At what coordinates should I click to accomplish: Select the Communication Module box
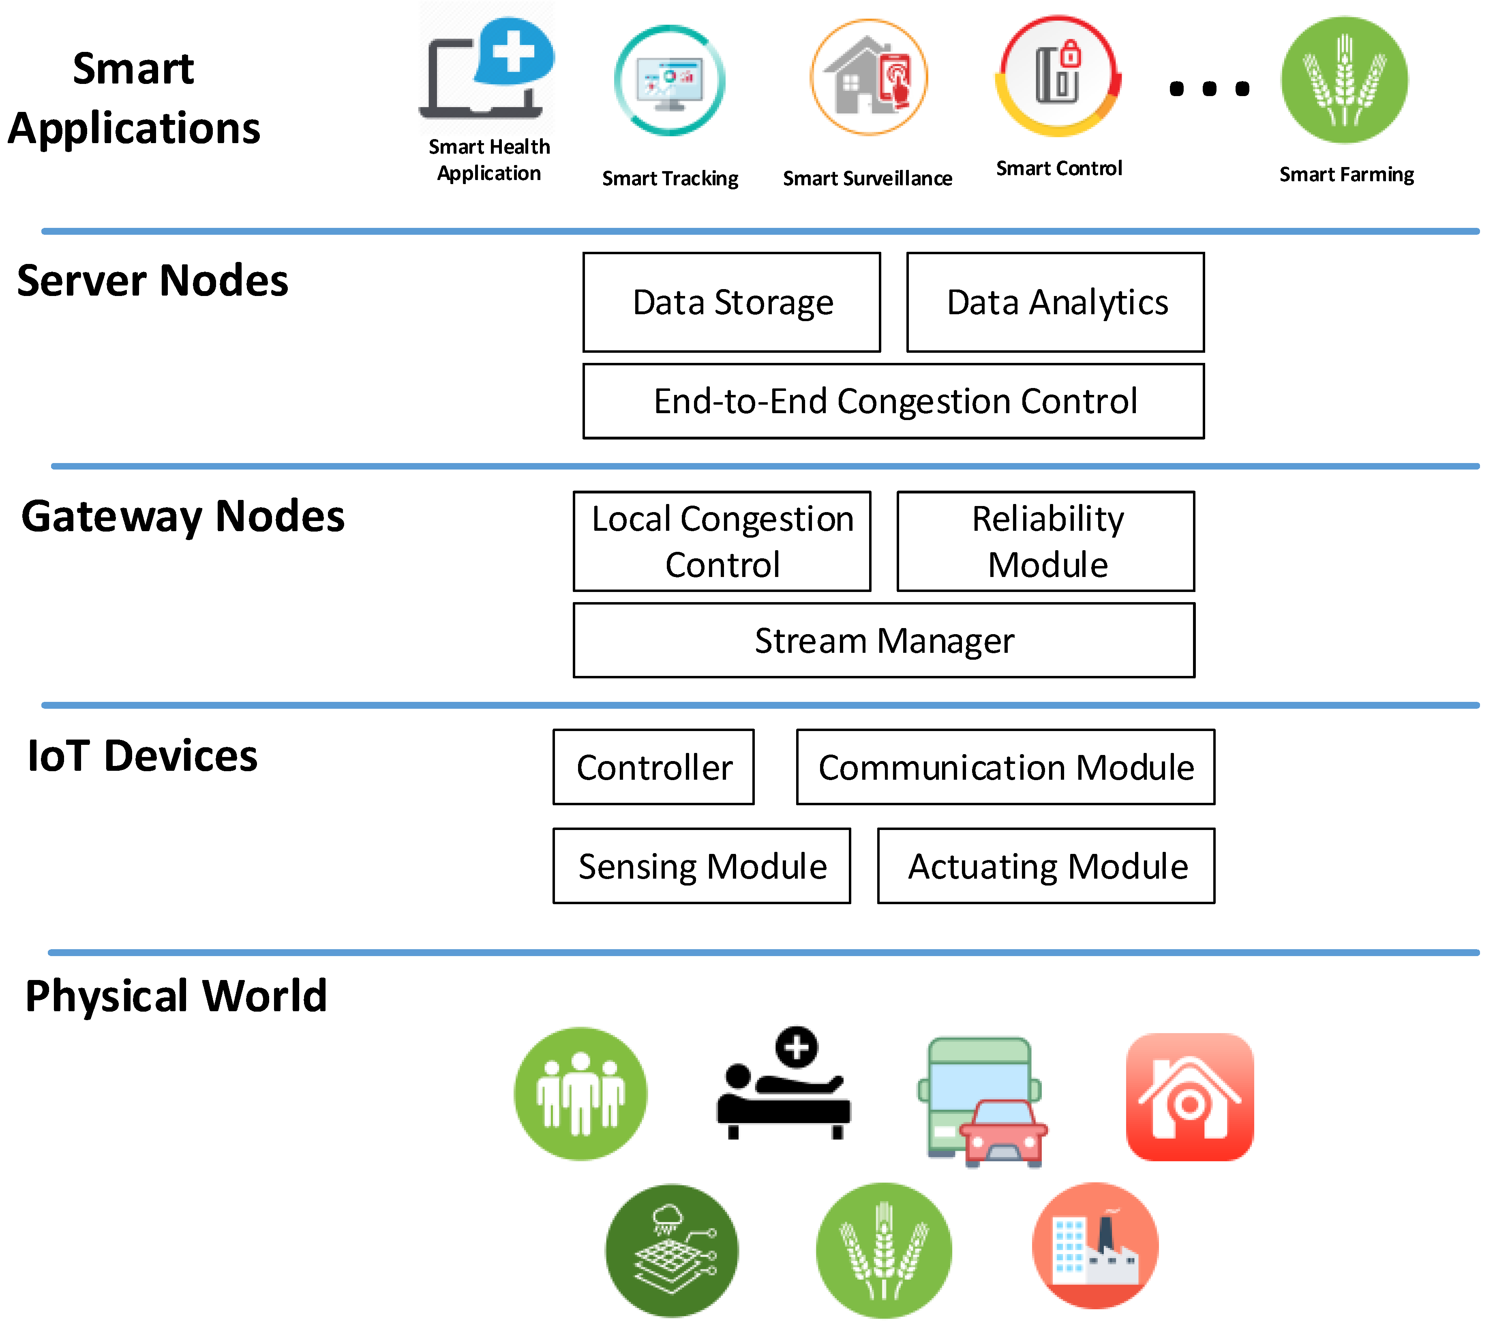[x=1005, y=767]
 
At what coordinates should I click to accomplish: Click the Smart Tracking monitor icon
[x=669, y=81]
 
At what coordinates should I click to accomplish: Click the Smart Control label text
[x=1058, y=169]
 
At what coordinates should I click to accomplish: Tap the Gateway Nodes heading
[x=183, y=516]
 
